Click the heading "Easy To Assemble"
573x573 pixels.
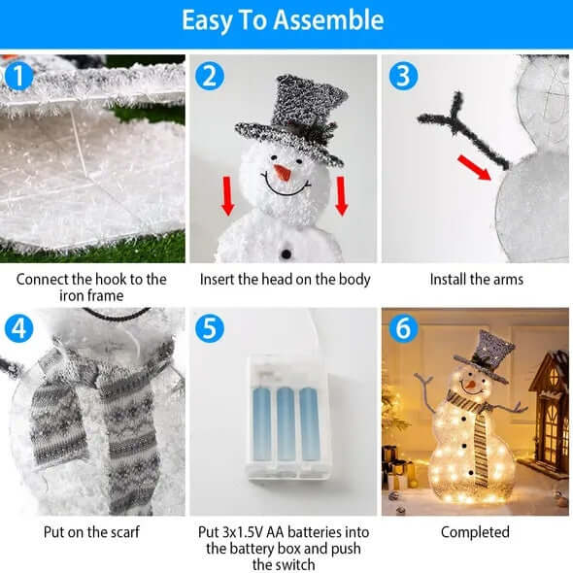[x=286, y=20]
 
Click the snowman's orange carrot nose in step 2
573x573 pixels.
[x=281, y=174]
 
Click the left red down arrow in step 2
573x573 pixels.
[x=227, y=194]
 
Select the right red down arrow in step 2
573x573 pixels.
[x=342, y=194]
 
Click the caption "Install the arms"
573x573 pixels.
[x=476, y=280]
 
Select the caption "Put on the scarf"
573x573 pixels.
[x=91, y=532]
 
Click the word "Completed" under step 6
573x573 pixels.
[x=475, y=532]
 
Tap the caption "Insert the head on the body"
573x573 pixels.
[x=285, y=280]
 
